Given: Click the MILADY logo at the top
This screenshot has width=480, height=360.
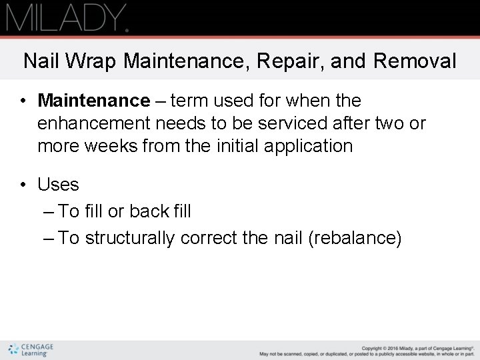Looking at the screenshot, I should tap(67, 17).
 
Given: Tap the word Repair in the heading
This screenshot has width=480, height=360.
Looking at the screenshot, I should tap(281, 61).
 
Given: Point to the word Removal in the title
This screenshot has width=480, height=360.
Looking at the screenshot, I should tap(415, 61).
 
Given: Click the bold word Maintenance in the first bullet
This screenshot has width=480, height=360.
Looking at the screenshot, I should tap(94, 101).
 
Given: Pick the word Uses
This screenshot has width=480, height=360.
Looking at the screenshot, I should tap(58, 185).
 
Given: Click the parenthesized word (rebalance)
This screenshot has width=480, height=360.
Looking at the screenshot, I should tap(355, 239).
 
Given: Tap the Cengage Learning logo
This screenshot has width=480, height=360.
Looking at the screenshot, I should tap(31, 350).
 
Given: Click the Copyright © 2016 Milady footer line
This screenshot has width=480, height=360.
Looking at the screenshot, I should tap(417, 347).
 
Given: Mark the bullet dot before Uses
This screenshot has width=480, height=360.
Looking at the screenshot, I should tap(23, 185).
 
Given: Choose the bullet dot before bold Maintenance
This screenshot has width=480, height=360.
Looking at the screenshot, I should tap(23, 101).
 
